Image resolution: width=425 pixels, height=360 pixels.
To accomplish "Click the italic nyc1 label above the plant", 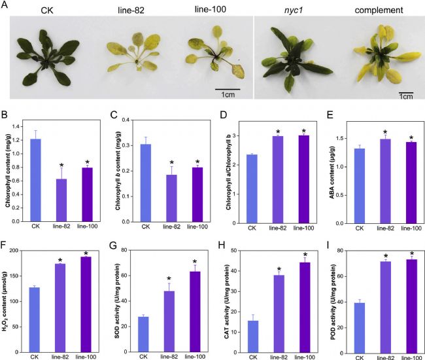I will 286,11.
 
